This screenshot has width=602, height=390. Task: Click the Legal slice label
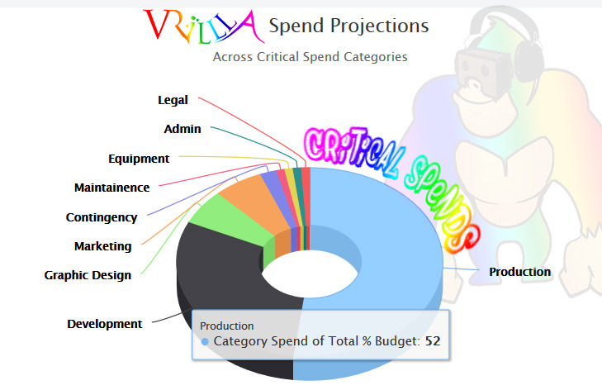173,100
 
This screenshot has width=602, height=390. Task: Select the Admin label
182,129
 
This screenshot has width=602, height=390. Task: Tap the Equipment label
139,159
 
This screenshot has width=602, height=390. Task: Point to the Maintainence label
111,188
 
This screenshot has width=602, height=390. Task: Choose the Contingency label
102,217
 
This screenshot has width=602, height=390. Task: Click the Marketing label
103,246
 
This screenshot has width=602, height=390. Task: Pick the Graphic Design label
88,275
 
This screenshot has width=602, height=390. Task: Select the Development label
104,324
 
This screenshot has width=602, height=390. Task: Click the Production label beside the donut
520,272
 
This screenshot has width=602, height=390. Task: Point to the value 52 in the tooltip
433,341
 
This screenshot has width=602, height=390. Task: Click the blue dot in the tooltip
205,341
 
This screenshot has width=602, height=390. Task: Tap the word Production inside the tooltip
227,326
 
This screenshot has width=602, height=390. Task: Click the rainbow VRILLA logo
204,26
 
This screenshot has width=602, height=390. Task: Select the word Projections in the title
379,26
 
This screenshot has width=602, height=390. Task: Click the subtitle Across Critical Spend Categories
310,57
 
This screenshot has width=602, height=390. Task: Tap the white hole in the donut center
310,273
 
